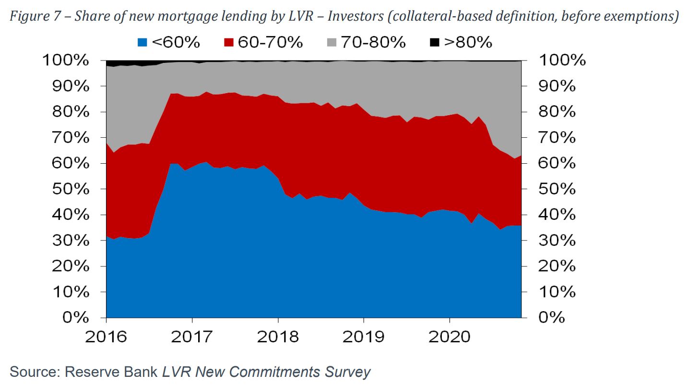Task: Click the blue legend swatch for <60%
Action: pos(142,43)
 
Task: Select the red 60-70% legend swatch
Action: pos(229,43)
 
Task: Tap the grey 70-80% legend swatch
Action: pos(332,43)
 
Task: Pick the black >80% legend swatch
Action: pos(434,43)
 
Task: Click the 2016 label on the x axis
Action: pos(106,337)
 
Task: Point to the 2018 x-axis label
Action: pos(278,337)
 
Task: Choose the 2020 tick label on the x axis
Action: pos(450,337)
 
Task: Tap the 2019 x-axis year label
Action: pos(364,337)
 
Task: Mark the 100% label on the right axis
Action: pos(562,60)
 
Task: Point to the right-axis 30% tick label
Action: pos(557,241)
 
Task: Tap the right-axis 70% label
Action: pos(557,138)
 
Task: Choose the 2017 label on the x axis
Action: pos(192,337)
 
